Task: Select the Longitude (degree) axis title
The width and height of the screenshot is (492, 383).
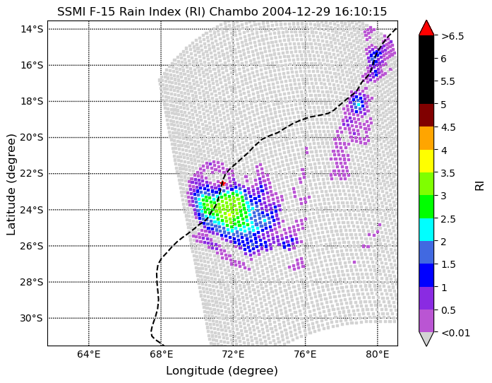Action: point(222,371)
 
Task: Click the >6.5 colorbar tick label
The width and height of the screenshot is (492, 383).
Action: point(452,36)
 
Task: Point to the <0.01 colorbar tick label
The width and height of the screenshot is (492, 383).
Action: point(455,332)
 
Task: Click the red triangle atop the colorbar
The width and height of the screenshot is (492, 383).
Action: point(426,28)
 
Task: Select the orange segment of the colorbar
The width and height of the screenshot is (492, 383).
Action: point(426,138)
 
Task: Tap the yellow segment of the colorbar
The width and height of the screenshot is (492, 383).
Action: point(426,161)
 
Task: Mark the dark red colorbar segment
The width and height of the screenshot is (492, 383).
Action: point(426,115)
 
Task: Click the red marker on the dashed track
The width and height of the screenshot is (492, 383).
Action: point(223,183)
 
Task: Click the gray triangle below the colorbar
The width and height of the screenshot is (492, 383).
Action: point(426,338)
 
